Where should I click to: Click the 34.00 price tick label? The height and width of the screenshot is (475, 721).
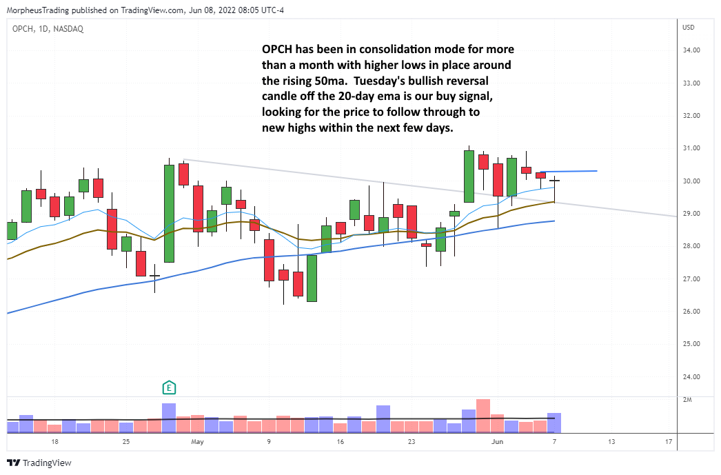click(691, 50)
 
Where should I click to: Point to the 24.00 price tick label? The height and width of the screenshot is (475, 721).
click(691, 376)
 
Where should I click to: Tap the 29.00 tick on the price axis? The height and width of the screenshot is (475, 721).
click(691, 214)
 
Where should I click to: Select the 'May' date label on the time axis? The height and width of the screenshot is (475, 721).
click(198, 441)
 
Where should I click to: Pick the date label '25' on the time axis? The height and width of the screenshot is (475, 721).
click(126, 441)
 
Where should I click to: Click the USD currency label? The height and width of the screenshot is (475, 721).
click(688, 28)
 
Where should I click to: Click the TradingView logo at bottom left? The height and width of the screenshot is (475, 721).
click(39, 463)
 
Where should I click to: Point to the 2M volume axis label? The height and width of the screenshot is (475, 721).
click(687, 400)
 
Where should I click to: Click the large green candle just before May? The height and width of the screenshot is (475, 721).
click(169, 213)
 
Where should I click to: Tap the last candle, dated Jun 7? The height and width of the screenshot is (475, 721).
click(554, 182)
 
